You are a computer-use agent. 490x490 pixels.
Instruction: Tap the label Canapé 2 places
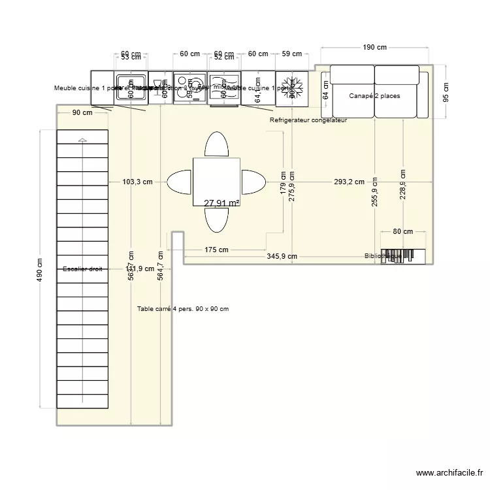[374, 96]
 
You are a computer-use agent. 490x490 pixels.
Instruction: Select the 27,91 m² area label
[221, 203]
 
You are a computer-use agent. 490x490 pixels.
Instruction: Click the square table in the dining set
[216, 182]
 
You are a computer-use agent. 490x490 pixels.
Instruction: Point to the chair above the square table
[216, 144]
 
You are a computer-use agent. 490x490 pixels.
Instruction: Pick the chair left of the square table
[180, 182]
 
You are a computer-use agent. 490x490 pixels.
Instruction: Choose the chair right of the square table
[253, 182]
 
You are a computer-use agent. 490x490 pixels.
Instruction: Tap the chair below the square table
[216, 220]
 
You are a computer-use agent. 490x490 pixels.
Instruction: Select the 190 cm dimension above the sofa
[374, 47]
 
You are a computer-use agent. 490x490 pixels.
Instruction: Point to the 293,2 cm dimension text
[349, 182]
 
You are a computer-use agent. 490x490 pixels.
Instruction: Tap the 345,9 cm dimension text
[282, 257]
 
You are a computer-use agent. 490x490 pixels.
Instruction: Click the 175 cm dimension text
[216, 250]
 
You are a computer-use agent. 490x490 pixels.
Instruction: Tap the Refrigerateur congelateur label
[308, 121]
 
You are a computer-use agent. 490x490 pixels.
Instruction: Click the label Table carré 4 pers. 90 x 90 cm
[183, 309]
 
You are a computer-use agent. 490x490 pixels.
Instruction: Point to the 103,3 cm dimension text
[137, 182]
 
